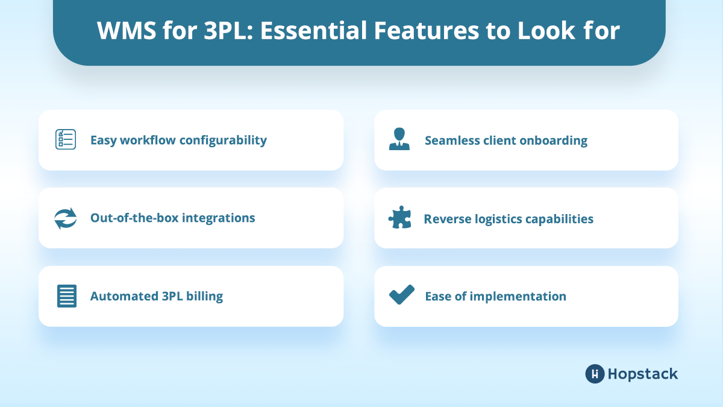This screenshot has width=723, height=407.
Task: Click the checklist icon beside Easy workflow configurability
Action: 65,140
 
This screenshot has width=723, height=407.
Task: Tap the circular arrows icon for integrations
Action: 65,218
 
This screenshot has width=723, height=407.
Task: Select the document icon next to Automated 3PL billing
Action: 66,296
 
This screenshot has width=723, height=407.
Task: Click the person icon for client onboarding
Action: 399,140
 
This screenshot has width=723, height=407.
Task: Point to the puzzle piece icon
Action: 399,218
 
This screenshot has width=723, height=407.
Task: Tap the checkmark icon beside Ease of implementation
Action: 401,295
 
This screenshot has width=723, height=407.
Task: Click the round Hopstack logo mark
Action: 595,374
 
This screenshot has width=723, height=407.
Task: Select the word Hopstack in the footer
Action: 643,374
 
